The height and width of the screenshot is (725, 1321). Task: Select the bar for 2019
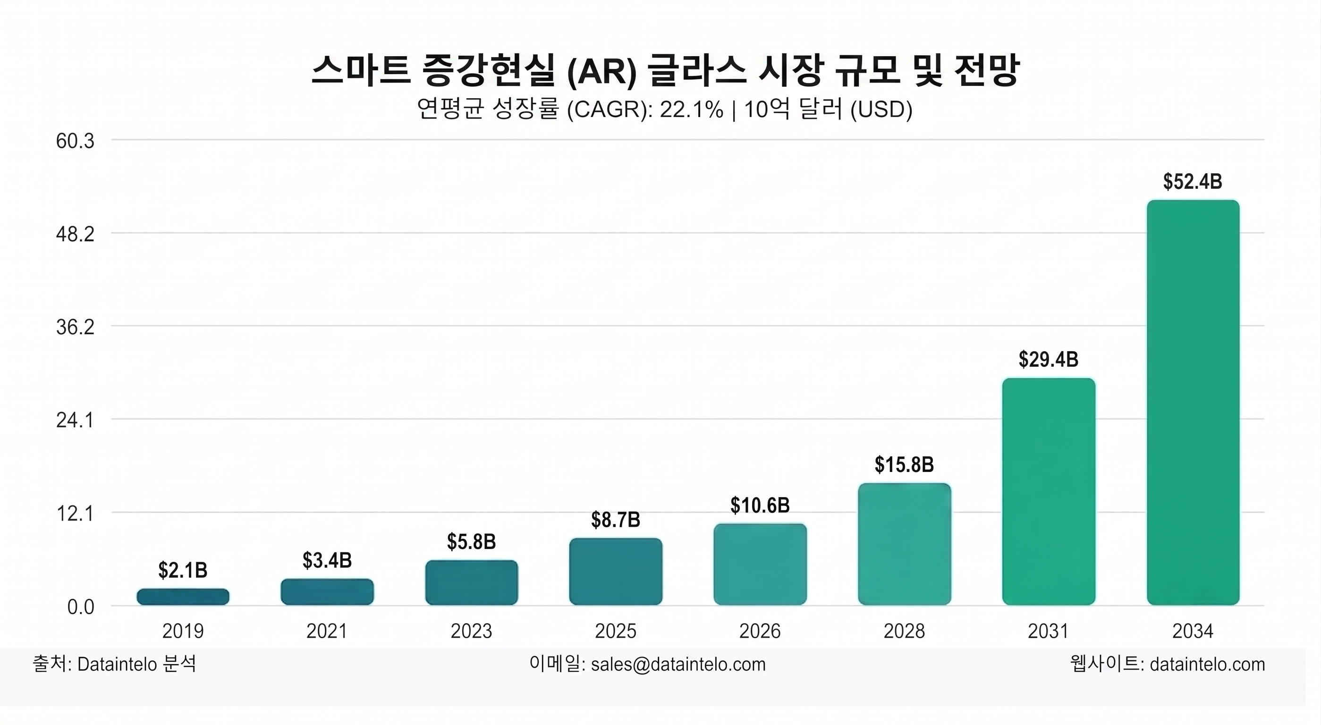[x=183, y=596]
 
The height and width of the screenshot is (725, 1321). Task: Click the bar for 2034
[x=1193, y=403]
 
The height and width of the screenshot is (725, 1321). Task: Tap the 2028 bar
[x=905, y=544]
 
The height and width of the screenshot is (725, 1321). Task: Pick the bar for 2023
[x=471, y=582]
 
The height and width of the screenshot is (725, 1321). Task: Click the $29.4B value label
[x=1049, y=359]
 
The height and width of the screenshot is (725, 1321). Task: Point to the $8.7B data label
[x=616, y=520]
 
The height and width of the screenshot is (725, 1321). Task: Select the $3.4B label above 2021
[x=327, y=560]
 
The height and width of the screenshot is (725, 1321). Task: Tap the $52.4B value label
[x=1193, y=182]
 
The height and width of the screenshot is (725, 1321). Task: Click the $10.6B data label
[x=760, y=506]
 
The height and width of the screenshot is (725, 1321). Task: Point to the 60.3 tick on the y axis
[x=76, y=141]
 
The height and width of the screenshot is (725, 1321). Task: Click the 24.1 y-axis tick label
[x=76, y=421]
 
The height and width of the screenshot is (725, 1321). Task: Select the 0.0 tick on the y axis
[x=81, y=607]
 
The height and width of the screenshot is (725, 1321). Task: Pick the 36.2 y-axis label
[x=76, y=327]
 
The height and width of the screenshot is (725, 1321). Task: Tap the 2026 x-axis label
[x=760, y=631]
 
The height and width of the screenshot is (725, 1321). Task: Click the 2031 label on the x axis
[x=1049, y=631]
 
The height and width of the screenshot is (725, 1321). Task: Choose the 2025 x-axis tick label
[x=616, y=631]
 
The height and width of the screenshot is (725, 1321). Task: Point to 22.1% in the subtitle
[x=692, y=109]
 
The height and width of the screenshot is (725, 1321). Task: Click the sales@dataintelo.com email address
[x=678, y=665]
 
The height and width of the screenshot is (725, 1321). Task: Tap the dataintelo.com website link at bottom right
[x=1208, y=665]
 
